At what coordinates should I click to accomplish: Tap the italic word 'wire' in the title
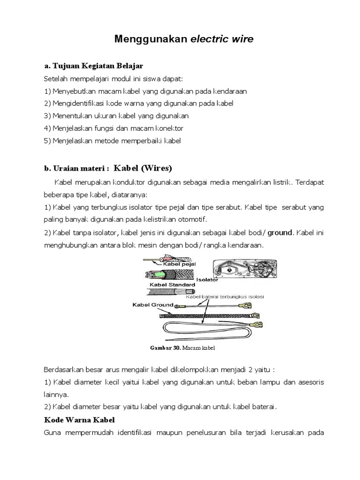tap(241, 39)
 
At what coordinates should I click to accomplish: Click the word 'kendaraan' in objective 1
tap(230, 90)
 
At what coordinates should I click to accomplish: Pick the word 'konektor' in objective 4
tap(170, 128)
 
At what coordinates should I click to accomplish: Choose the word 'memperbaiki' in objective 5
tap(140, 141)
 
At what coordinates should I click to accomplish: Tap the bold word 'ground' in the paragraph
tap(280, 232)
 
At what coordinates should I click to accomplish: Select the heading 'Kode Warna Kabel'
tap(80, 419)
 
